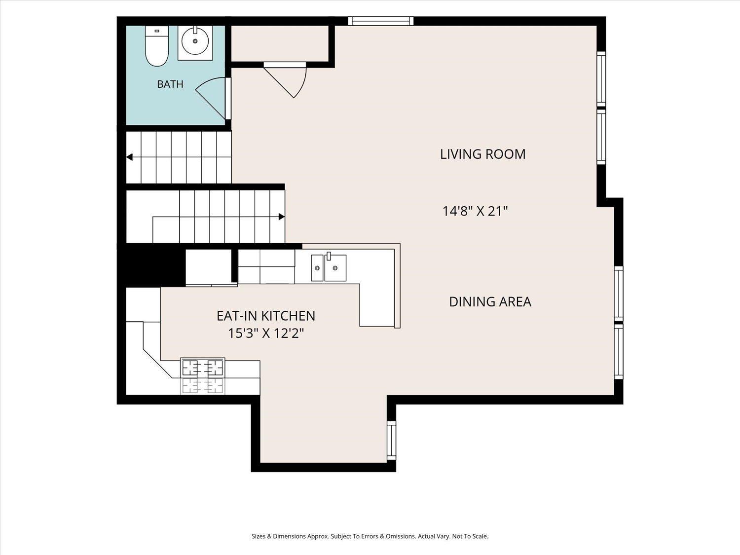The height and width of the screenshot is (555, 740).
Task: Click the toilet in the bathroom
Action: click(157, 46)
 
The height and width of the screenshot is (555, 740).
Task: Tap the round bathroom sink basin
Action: click(195, 41)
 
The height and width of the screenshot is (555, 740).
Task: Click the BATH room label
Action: click(170, 84)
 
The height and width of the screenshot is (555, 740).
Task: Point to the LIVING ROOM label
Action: click(483, 154)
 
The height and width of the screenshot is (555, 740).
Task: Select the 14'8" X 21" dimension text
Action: click(475, 211)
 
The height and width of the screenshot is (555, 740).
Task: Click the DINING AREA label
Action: click(490, 301)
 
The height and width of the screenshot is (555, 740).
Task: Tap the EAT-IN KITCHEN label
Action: click(265, 316)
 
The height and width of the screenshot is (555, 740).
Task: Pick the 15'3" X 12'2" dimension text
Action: click(266, 333)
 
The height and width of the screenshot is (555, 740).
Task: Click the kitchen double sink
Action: click(329, 267)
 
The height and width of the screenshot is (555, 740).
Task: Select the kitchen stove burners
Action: click(203, 376)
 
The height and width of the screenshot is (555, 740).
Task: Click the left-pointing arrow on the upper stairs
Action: click(129, 157)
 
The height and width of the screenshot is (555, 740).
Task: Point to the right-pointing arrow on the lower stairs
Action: click(282, 217)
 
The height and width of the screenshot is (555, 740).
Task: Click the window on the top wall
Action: click(381, 21)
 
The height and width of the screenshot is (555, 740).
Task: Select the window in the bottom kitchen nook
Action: click(391, 440)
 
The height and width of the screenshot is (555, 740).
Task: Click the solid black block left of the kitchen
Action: click(151, 267)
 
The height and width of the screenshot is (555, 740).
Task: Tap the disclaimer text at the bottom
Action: click(370, 536)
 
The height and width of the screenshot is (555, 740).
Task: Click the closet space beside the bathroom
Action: click(280, 43)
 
